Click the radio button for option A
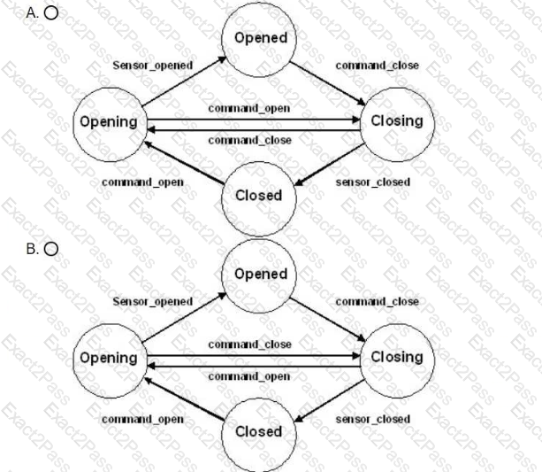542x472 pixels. [51, 13]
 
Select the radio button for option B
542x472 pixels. [51, 249]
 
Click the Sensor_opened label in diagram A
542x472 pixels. [153, 66]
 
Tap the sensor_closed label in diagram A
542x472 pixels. [373, 182]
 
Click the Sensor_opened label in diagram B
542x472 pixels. [153, 302]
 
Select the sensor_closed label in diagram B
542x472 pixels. [373, 419]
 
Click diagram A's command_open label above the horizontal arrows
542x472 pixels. [249, 109]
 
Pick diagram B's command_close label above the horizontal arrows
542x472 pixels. [250, 344]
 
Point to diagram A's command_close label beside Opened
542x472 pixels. [378, 66]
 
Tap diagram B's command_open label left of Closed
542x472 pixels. [142, 420]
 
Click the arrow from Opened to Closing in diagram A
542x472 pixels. [327, 83]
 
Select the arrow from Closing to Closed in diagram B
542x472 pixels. [330, 400]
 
